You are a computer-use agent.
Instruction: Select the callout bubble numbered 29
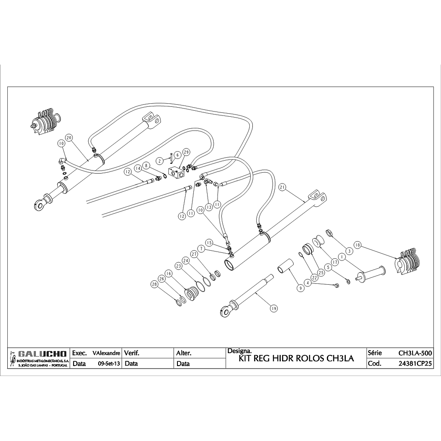point(186,152)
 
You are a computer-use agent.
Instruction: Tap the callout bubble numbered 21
point(283,187)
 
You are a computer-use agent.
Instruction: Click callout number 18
point(357,245)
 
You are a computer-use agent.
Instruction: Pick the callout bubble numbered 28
point(154,284)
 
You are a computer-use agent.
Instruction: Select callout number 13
point(208,207)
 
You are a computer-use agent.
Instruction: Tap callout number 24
point(186,261)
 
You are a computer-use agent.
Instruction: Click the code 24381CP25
point(415,363)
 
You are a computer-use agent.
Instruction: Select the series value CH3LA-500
point(415,353)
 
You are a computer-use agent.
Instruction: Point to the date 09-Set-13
point(109,363)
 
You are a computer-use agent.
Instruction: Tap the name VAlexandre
point(106,353)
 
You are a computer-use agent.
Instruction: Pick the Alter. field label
point(184,353)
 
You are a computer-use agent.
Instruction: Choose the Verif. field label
point(132,353)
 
